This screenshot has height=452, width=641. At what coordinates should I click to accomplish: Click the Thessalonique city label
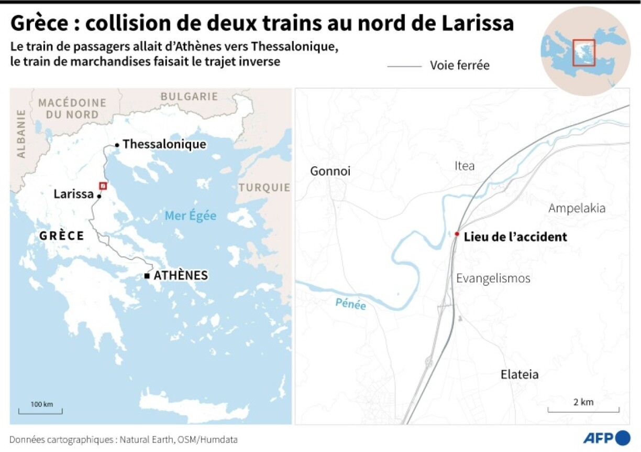tap(164, 144)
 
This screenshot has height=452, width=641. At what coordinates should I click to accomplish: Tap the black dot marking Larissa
tap(98, 196)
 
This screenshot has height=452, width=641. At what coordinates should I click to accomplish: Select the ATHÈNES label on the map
tap(181, 275)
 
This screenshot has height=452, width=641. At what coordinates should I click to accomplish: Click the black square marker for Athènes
tap(147, 276)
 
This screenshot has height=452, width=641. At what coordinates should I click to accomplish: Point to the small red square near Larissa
tap(103, 186)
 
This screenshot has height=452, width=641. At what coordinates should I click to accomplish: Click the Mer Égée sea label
tap(190, 216)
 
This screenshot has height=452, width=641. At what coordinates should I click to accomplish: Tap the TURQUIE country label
tap(264, 188)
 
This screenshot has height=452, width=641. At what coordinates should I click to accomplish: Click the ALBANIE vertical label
tap(21, 133)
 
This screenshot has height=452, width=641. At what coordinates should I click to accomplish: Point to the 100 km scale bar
tap(40, 411)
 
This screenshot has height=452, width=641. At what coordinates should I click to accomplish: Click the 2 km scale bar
tap(583, 409)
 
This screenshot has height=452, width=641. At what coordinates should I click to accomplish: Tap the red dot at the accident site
tap(457, 234)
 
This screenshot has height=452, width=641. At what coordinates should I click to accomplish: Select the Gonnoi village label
tap(330, 171)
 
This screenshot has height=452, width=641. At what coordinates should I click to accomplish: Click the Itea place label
tap(465, 166)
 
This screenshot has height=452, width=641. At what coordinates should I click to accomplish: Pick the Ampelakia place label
tap(577, 208)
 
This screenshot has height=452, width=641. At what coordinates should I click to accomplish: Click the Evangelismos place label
tap(493, 278)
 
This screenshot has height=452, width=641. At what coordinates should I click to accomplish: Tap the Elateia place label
tap(520, 374)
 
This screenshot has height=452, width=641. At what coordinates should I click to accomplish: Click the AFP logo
tap(607, 438)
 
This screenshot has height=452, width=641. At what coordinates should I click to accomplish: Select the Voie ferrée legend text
tap(460, 66)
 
